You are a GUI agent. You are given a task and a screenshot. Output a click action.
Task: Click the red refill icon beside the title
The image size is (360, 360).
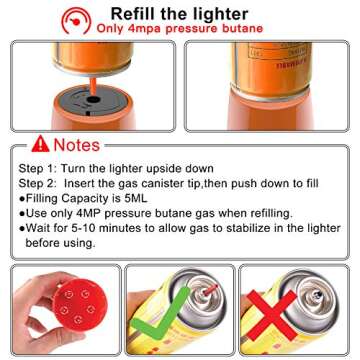(x=76, y=19)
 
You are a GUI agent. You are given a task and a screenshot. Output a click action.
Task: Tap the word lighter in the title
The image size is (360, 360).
(x=221, y=13)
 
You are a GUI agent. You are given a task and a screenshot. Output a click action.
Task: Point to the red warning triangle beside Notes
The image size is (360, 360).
(x=39, y=145)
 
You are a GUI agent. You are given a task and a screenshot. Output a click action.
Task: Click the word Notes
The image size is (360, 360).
(x=76, y=145)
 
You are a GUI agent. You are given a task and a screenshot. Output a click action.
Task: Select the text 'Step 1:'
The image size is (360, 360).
(x=38, y=168)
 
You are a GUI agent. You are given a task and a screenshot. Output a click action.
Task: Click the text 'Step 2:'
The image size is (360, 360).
(x=38, y=183)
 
